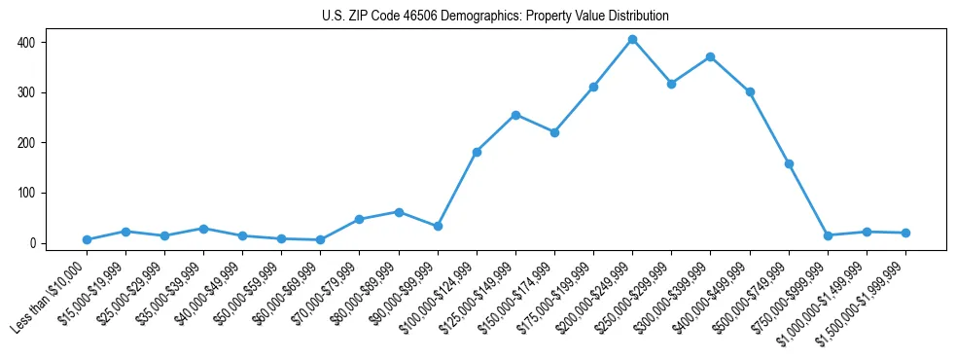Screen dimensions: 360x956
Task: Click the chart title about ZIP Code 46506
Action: coord(495,17)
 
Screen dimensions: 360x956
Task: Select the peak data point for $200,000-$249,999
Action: coord(632,39)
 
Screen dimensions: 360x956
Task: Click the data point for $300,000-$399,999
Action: coord(711,56)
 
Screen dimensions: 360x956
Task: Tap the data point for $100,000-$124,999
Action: coord(477,152)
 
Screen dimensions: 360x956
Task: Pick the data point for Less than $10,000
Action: coord(87,239)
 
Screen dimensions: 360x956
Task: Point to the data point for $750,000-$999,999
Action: coord(828,235)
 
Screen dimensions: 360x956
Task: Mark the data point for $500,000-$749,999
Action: coord(789,163)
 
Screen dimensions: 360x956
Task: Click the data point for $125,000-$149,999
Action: coord(515,115)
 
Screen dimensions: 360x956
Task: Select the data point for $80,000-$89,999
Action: coord(399,211)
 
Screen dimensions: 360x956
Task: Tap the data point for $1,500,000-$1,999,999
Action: coord(905,233)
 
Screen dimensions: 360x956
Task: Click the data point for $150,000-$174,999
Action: coord(554,132)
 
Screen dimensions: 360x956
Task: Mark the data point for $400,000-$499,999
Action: coord(750,91)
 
